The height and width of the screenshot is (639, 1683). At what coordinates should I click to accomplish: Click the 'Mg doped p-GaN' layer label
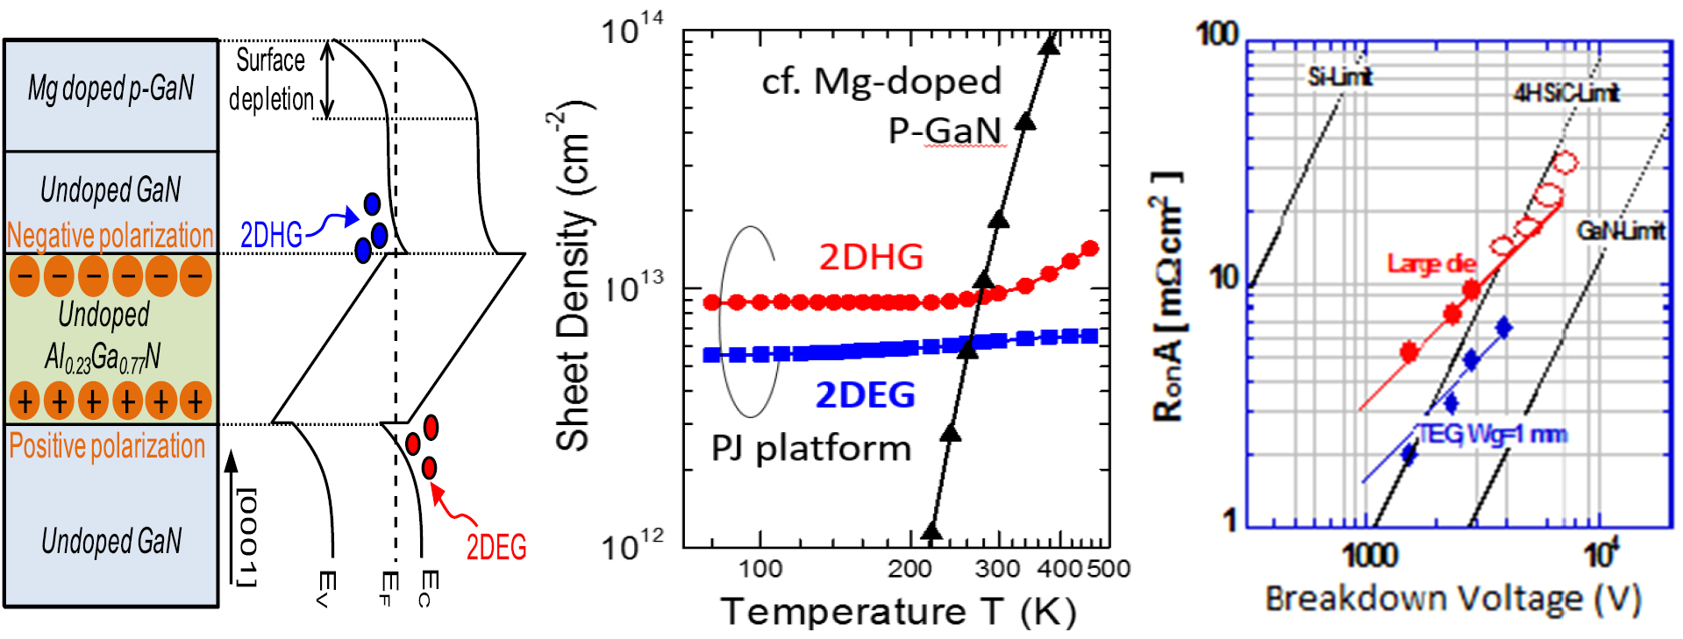click(111, 89)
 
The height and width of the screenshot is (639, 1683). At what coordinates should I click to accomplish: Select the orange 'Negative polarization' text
click(111, 235)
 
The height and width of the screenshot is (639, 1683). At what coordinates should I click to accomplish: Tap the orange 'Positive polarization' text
click(107, 445)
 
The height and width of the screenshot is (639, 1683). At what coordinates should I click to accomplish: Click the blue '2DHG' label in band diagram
click(271, 235)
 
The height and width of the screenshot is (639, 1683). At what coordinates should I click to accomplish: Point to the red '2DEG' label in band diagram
click(496, 547)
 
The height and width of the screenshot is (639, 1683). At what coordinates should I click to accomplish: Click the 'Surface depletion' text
click(271, 79)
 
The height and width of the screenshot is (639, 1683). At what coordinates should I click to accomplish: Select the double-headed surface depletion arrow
click(327, 79)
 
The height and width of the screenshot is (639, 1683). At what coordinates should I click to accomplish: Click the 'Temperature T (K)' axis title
click(898, 611)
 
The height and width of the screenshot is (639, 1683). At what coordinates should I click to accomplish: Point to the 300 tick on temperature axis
click(997, 569)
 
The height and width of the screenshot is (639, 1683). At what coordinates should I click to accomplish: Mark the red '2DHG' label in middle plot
click(871, 257)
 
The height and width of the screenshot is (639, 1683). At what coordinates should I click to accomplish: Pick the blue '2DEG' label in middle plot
click(865, 395)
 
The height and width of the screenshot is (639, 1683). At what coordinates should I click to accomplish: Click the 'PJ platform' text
click(811, 448)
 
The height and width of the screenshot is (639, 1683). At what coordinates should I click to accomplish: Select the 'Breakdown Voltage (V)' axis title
click(1453, 599)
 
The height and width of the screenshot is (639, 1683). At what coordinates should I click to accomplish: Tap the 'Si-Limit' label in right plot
click(1339, 77)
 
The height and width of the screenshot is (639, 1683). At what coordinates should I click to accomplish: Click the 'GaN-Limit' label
click(1620, 231)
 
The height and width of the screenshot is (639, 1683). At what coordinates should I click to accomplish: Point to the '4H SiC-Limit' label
click(1565, 93)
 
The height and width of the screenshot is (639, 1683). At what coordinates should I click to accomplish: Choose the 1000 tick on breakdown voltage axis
click(1370, 555)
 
